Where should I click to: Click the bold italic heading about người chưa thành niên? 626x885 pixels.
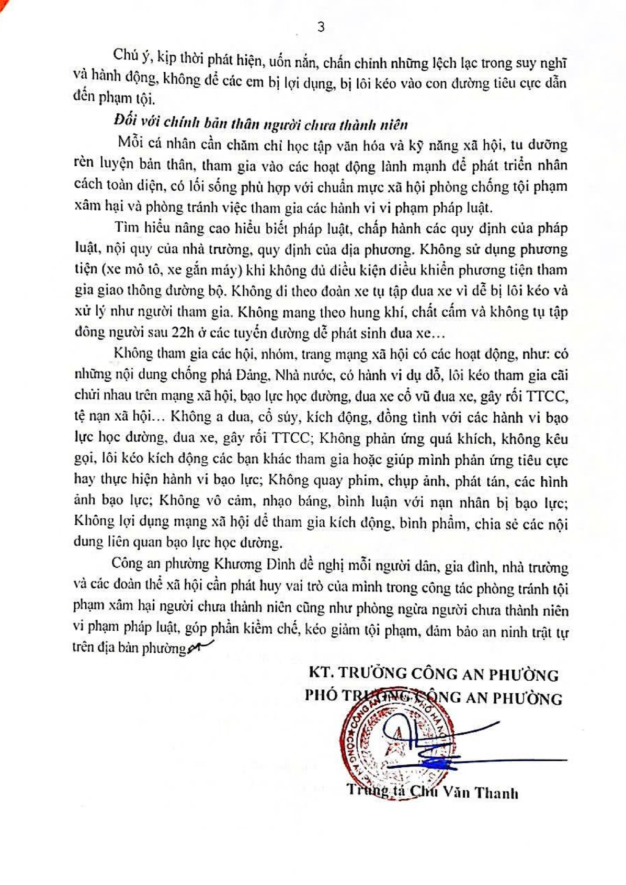(261, 124)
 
